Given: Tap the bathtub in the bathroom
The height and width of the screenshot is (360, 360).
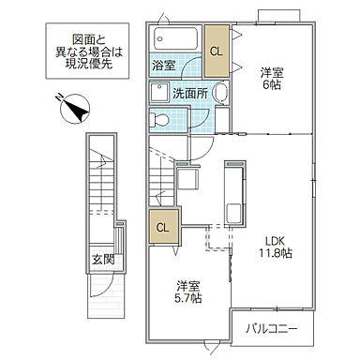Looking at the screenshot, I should click(175, 40).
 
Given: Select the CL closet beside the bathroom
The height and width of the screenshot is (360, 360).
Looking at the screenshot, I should click(217, 52).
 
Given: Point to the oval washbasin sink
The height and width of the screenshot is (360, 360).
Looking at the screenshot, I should click(219, 94).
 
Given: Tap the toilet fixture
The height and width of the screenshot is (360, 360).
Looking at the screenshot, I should click(161, 120).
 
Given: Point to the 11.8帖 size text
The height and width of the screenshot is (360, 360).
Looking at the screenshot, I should click(274, 253).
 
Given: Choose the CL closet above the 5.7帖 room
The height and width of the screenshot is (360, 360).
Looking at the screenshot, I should click(162, 228).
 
